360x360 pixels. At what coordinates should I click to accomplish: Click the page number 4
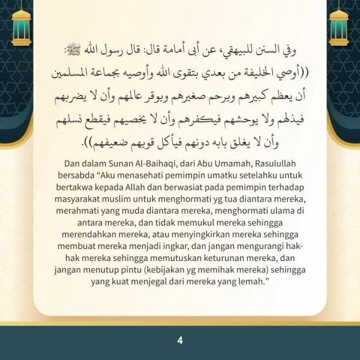click(x=179, y=340)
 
